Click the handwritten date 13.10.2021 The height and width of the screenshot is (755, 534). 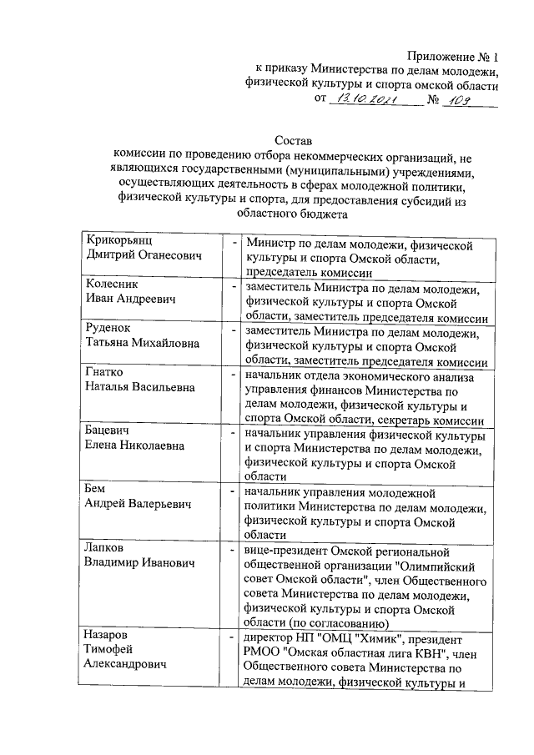point(364,101)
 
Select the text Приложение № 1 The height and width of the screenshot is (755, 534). point(446,57)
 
